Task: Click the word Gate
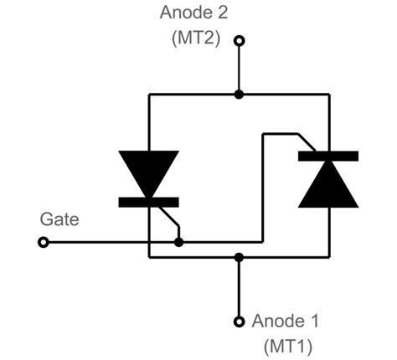pos(59,219)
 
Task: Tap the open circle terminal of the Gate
pos(44,243)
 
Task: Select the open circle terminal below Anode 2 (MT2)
pos(239,41)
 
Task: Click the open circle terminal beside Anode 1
pos(239,321)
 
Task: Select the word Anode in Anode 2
pos(184,13)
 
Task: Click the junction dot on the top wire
pos(239,95)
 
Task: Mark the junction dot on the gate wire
pos(178,243)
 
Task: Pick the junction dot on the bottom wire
pos(239,257)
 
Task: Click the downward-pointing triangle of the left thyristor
pos(148,172)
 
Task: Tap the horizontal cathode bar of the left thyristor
pos(148,202)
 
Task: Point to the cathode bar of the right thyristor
pos(328,156)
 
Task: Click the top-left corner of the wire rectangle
pos(149,95)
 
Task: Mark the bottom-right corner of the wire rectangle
pos(328,257)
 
